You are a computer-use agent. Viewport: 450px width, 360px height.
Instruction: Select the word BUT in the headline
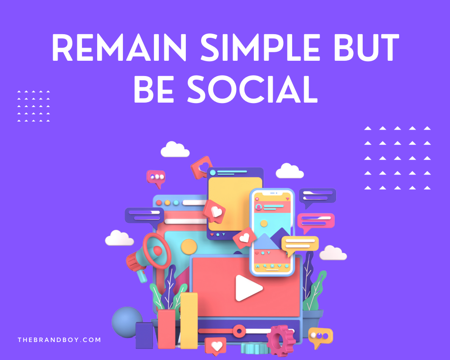[x=369, y=48]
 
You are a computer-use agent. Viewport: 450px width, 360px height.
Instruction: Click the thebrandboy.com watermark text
[x=59, y=340]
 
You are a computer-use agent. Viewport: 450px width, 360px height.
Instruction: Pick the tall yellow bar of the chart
[x=189, y=320]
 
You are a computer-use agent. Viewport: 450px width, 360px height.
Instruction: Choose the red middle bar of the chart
[x=166, y=328]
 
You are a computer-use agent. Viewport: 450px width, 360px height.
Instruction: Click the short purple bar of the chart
[x=144, y=335]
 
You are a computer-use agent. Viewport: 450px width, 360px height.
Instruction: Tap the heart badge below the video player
[x=216, y=346]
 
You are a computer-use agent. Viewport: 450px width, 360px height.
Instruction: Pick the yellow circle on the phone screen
[x=264, y=223]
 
